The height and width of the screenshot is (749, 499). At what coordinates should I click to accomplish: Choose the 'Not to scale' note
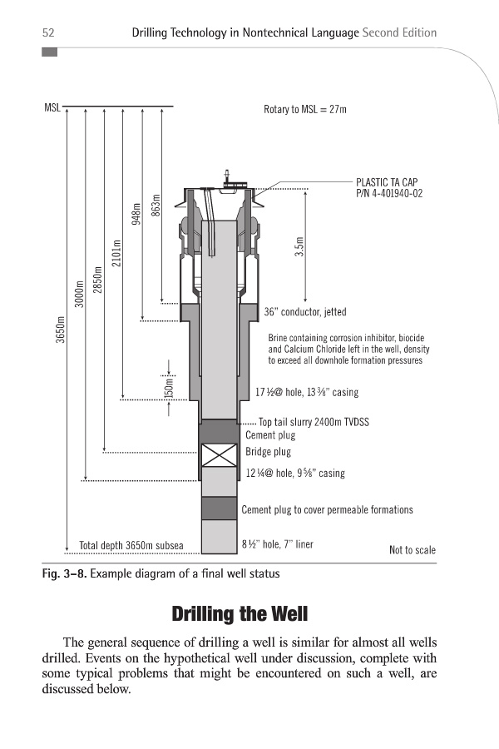pos(412,550)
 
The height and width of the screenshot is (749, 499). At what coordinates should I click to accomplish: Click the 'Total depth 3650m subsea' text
pos(131,546)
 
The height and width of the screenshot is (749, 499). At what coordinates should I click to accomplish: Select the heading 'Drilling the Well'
pos(240,615)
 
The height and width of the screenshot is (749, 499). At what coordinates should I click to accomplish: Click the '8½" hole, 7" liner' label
pos(277,545)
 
